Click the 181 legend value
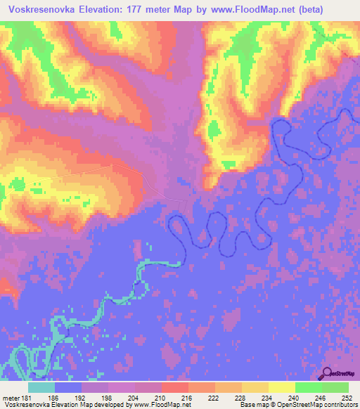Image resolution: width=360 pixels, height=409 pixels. (x=26, y=398)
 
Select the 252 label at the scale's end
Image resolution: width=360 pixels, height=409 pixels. (x=347, y=398)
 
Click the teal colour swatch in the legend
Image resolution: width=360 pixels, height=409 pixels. (x=41, y=387)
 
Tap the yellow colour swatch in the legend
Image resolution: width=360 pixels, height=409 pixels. (x=281, y=387)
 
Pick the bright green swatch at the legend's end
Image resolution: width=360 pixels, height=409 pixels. (x=335, y=387)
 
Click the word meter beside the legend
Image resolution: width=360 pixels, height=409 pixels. (x=10, y=398)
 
